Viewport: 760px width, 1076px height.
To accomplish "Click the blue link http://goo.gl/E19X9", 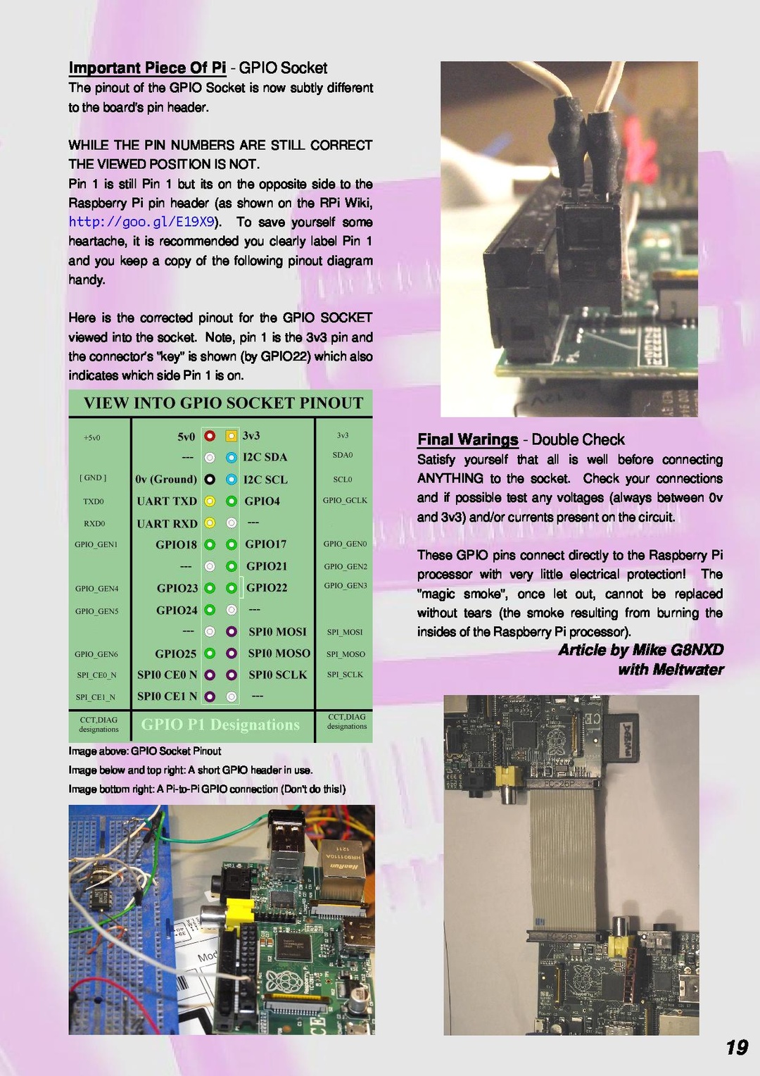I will coord(141,222).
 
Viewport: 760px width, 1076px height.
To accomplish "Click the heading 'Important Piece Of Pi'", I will coord(147,68).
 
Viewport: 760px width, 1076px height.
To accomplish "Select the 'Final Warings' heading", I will coord(467,439).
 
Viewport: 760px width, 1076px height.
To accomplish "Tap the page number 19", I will coord(736,1047).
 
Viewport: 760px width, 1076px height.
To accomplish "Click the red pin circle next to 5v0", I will coord(210,436).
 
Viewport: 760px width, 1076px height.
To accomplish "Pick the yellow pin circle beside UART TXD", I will coord(210,501).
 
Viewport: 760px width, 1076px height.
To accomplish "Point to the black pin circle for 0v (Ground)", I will coord(210,480).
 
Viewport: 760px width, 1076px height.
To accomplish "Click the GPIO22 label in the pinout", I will coord(267,587).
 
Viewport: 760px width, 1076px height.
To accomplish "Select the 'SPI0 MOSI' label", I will coord(277,632).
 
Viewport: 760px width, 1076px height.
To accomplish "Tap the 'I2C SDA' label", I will coord(265,457).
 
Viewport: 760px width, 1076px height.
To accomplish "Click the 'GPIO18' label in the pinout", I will coord(176,544).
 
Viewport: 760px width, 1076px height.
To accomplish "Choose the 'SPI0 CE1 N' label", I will coord(167,696).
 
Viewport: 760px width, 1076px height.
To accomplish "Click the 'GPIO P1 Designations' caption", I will coord(220,725).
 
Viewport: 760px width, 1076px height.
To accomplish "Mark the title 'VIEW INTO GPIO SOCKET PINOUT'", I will coord(223,403).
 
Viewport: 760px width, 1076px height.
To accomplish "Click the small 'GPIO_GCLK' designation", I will coord(345,500).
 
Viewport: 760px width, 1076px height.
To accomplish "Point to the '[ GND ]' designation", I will coord(93,477).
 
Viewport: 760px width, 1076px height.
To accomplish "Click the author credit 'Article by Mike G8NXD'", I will coord(640,649).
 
